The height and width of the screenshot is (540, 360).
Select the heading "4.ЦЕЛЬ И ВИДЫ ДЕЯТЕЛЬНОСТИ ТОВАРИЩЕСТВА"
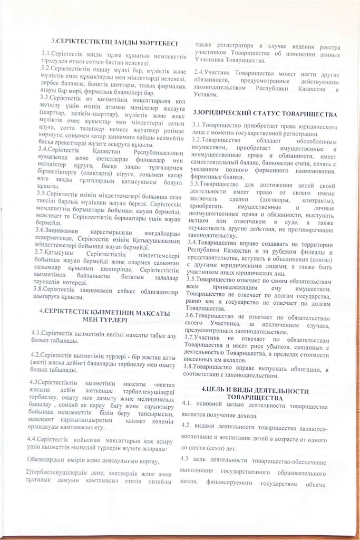point(266,393)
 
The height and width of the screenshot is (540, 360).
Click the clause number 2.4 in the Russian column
point(200,72)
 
